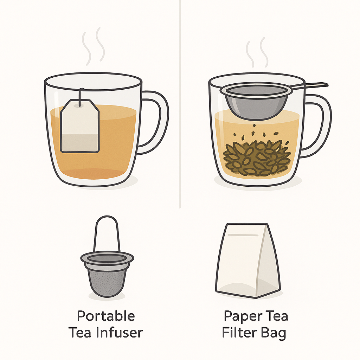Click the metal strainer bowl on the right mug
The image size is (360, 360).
click(256, 101)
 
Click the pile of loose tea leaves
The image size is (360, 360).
click(257, 159)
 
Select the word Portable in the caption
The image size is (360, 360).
click(106, 316)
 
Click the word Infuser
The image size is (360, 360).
click(120, 333)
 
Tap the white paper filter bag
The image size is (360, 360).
click(248, 261)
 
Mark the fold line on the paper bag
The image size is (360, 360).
click(243, 235)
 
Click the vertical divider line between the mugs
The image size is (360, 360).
click(180, 104)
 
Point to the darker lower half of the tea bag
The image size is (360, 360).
click(80, 143)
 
